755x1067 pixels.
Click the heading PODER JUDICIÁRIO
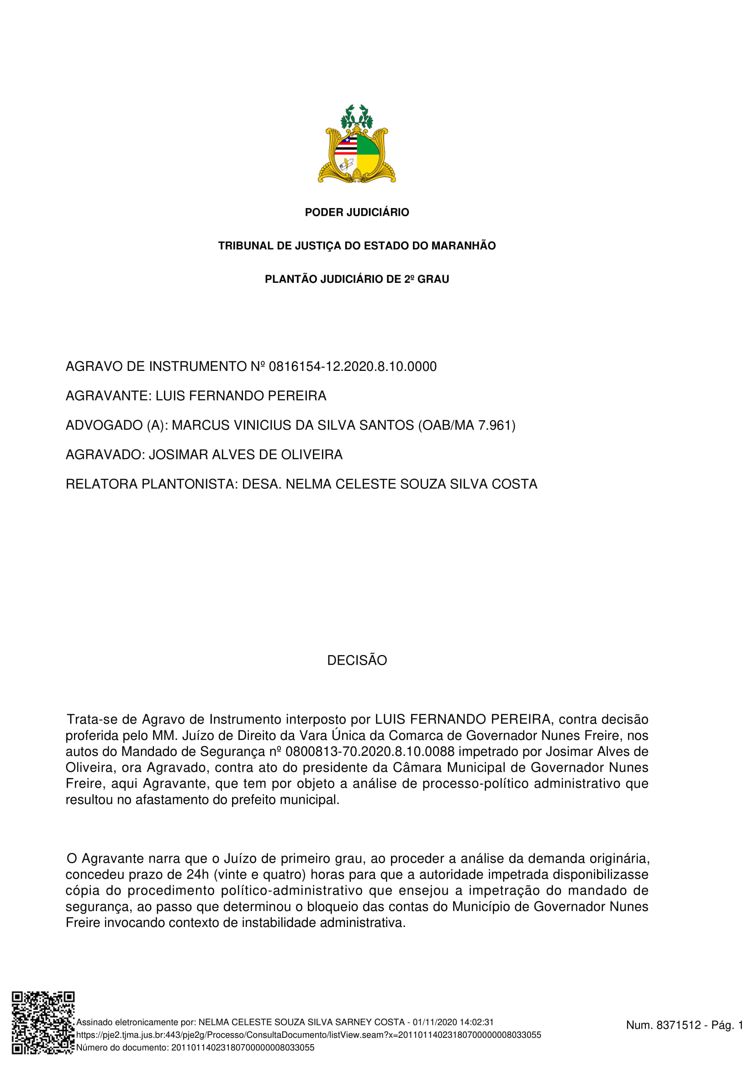point(357,213)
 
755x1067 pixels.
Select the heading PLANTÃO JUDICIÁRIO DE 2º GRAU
point(357,279)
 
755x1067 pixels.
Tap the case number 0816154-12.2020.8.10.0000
point(353,367)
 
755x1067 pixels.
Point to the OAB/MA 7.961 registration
point(467,425)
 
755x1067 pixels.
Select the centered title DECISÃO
point(357,661)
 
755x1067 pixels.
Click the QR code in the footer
point(43,1022)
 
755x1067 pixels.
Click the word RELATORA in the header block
point(101,484)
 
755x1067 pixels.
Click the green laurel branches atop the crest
point(357,116)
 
